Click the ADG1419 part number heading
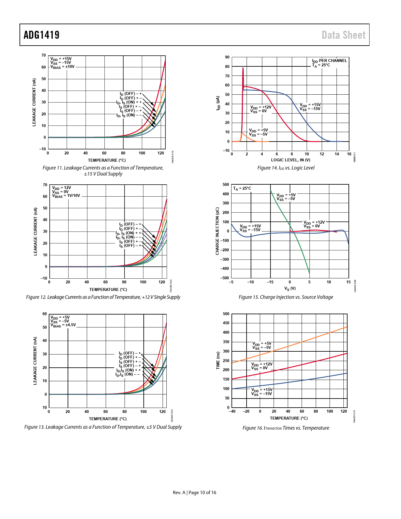(42, 35)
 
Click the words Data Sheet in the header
(343, 35)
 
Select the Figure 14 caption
(286, 168)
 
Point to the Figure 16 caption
(286, 428)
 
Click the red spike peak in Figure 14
(243, 68)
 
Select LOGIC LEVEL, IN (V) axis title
(291, 160)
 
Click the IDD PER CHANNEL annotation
(329, 61)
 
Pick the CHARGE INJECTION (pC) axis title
(217, 231)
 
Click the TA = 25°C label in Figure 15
(242, 188)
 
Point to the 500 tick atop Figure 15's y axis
(226, 185)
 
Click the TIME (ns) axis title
(218, 360)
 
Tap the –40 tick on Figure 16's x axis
(232, 411)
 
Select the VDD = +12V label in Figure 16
(262, 364)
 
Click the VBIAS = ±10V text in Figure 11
(63, 67)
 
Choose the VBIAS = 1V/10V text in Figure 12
(66, 196)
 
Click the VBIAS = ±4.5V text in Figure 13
(63, 325)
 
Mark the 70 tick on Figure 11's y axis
(44, 55)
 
